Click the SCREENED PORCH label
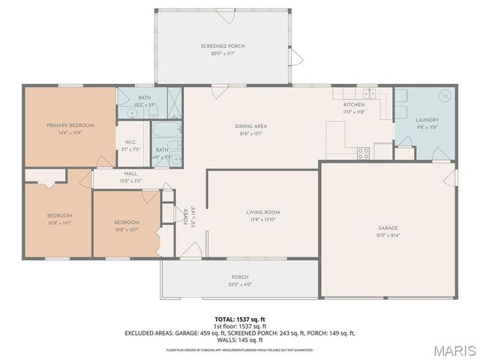[223, 46]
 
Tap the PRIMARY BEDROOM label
[69, 124]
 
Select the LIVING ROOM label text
[263, 212]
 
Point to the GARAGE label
[388, 227]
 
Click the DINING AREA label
[251, 126]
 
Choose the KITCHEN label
[353, 104]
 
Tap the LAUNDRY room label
[427, 119]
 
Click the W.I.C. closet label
[130, 142]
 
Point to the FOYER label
[186, 216]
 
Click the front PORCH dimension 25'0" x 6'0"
[240, 284]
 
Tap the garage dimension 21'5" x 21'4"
[388, 235]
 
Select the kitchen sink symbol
[367, 94]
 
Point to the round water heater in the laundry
[442, 96]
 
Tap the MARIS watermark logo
[448, 349]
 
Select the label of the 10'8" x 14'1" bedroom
[59, 215]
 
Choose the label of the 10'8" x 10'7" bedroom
[127, 222]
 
